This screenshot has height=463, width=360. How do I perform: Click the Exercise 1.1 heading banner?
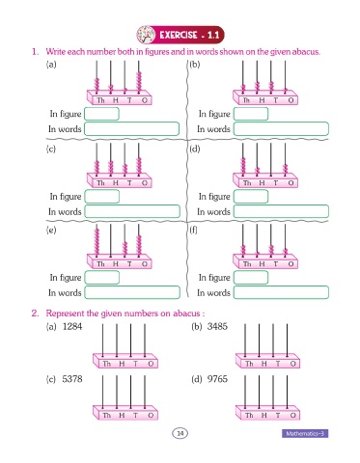point(180,35)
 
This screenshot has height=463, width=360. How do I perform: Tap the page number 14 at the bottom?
point(180,433)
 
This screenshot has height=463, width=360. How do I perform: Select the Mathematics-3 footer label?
point(305,433)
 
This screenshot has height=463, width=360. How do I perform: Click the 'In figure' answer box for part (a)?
point(101,114)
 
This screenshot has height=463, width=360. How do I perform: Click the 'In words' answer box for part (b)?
point(281,128)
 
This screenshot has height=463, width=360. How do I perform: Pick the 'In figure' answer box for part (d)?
point(251,197)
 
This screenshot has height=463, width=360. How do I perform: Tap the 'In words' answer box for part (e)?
point(132,292)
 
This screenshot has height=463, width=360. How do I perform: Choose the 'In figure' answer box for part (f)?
point(251,278)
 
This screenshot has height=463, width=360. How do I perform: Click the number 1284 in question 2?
point(72,327)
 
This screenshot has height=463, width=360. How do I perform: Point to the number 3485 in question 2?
point(217,326)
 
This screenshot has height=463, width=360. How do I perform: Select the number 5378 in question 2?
point(72,379)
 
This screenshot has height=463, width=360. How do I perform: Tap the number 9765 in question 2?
point(217,379)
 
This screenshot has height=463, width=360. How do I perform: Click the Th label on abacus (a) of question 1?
point(100,100)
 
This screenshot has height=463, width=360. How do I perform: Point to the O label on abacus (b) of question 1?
point(291,100)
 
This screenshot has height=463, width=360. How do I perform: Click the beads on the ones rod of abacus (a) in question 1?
point(139,81)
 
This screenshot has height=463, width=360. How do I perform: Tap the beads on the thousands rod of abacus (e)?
point(97,242)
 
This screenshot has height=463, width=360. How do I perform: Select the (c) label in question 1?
point(51,149)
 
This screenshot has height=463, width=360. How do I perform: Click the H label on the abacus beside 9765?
point(263,415)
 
